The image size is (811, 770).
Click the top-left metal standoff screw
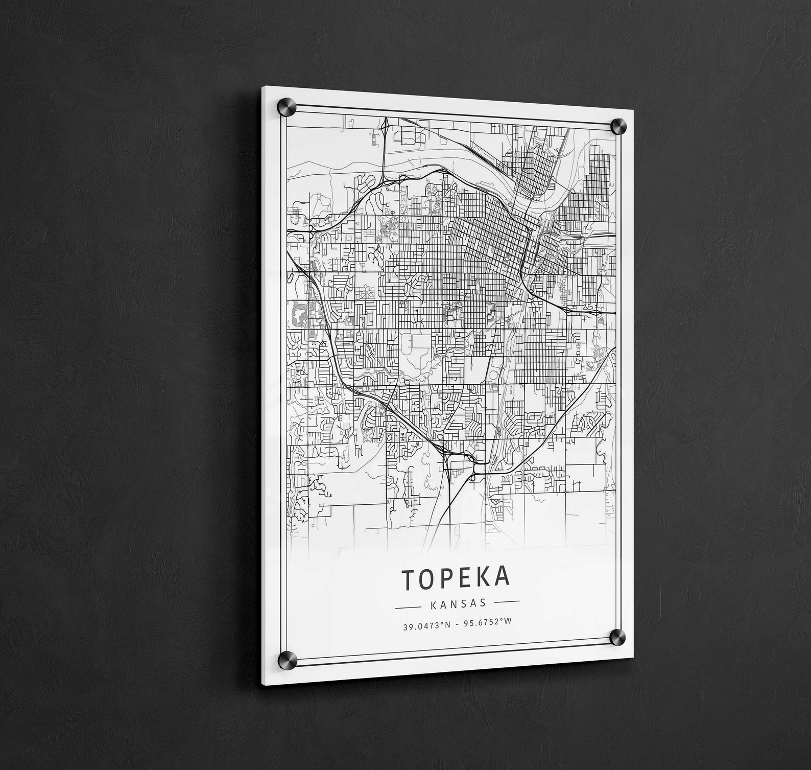284,109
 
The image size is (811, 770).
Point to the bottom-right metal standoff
617,637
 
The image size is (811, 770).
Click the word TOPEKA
456,578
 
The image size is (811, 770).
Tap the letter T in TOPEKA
409,579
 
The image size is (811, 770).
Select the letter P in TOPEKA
447,578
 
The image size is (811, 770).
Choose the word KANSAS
458,604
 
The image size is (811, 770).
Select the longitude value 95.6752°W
487,622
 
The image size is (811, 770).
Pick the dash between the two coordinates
457,624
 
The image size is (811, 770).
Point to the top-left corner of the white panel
263,87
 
